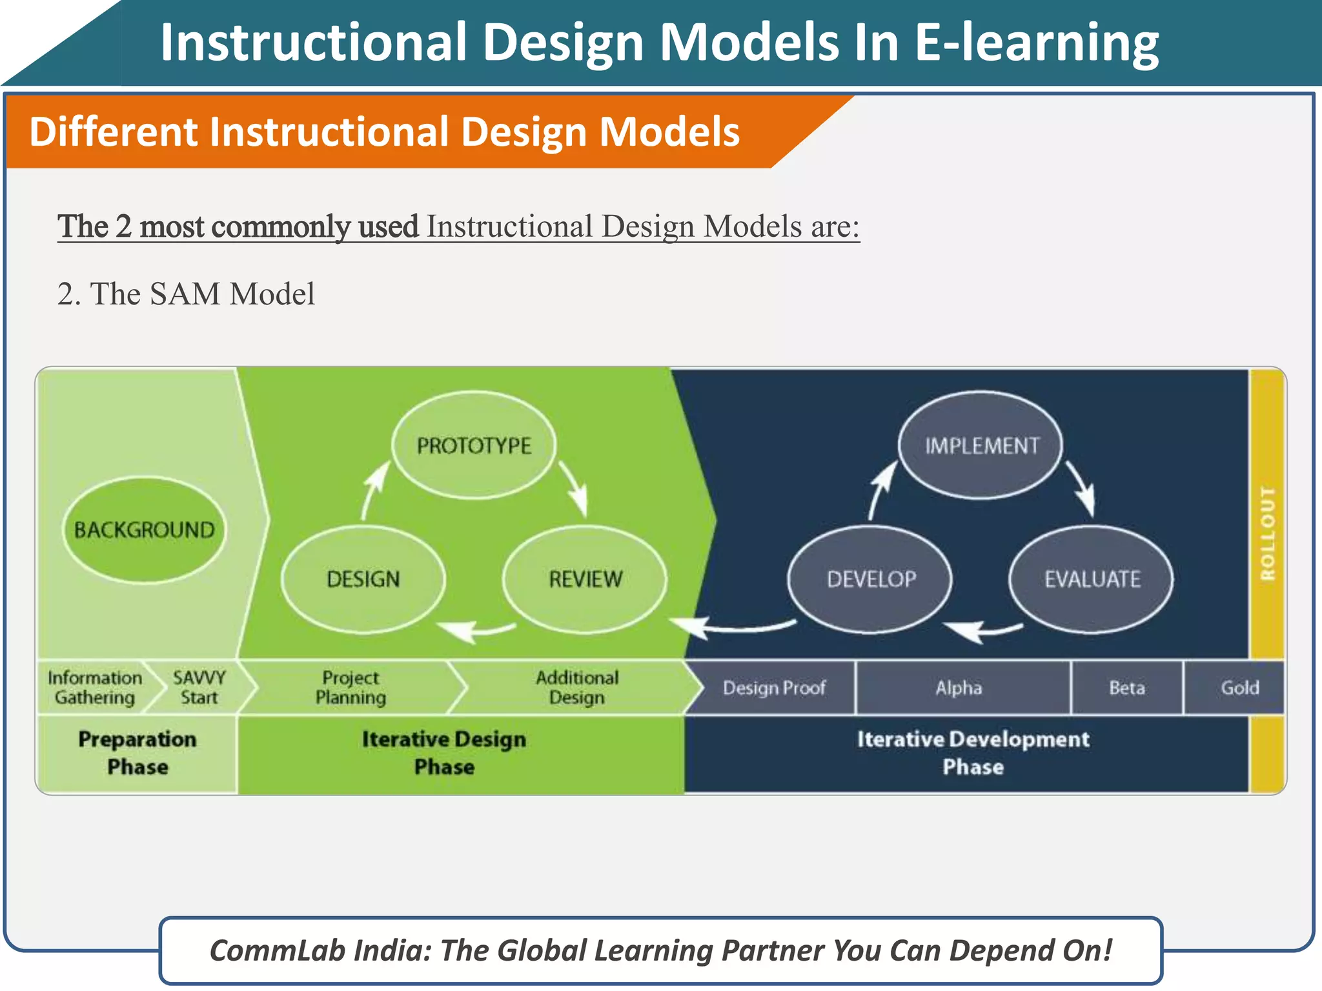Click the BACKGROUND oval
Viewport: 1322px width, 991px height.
[144, 530]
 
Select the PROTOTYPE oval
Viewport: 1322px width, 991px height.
[474, 445]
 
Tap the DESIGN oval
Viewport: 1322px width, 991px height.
[363, 579]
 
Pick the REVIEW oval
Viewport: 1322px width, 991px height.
[585, 579]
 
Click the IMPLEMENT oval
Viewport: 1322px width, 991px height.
[981, 445]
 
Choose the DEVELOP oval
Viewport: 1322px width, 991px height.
[871, 579]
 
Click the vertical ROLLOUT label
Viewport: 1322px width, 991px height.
[1268, 533]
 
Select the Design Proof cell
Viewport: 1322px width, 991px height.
[773, 688]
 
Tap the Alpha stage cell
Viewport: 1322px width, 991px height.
[959, 688]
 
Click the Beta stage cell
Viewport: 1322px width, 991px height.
[1127, 688]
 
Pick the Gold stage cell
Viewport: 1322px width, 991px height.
[1239, 688]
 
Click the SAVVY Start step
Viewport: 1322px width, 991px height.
[199, 688]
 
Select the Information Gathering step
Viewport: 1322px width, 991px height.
[94, 688]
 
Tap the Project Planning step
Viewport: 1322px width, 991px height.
[351, 688]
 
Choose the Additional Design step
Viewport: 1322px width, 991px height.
[576, 688]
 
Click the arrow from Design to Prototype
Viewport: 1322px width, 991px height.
[374, 488]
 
